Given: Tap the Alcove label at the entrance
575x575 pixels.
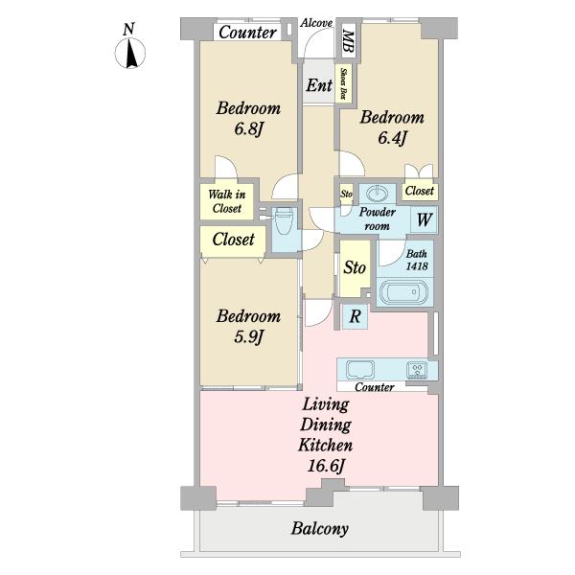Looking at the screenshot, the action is coord(316,23).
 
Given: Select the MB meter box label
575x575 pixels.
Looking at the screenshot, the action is coord(348,41).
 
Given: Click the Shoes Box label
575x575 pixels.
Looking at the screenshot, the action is coord(344,83).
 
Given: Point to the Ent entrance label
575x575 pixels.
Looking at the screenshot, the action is coord(319,85).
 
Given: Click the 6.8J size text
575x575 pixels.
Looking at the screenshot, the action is coord(249,128).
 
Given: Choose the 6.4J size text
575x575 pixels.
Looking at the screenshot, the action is coord(392,138).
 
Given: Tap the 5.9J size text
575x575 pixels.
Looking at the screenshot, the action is coord(248,336).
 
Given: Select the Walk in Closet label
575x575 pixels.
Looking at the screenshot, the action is coord(226,201).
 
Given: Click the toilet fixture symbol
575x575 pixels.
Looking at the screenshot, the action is coord(284,221).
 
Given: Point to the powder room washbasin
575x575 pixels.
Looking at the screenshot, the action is coord(378,194).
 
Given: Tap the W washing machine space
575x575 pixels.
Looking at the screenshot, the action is coord(424,219).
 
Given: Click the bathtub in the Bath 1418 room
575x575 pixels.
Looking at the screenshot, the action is coord(403,292).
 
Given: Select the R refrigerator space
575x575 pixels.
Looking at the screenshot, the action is coord(355,316).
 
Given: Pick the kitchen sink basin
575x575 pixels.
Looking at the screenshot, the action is coord(360,370).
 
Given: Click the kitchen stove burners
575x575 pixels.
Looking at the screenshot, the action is coord(417,370).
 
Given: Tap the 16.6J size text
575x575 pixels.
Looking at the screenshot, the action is coord(326,466).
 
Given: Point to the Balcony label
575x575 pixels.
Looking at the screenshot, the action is coord(320,529).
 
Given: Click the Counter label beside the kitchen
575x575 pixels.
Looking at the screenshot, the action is coord(375,387).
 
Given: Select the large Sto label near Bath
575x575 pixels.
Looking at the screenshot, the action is coord(355,267).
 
